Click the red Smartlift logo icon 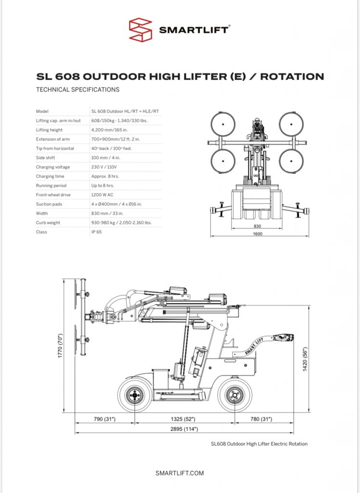tap(141, 29)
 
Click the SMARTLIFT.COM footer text tap(180, 473)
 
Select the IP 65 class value tap(97, 232)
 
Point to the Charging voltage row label tap(52, 167)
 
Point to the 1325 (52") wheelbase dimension tap(183, 419)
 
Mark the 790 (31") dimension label tap(105, 419)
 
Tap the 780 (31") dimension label tap(261, 419)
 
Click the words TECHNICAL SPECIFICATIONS tap(77, 90)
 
